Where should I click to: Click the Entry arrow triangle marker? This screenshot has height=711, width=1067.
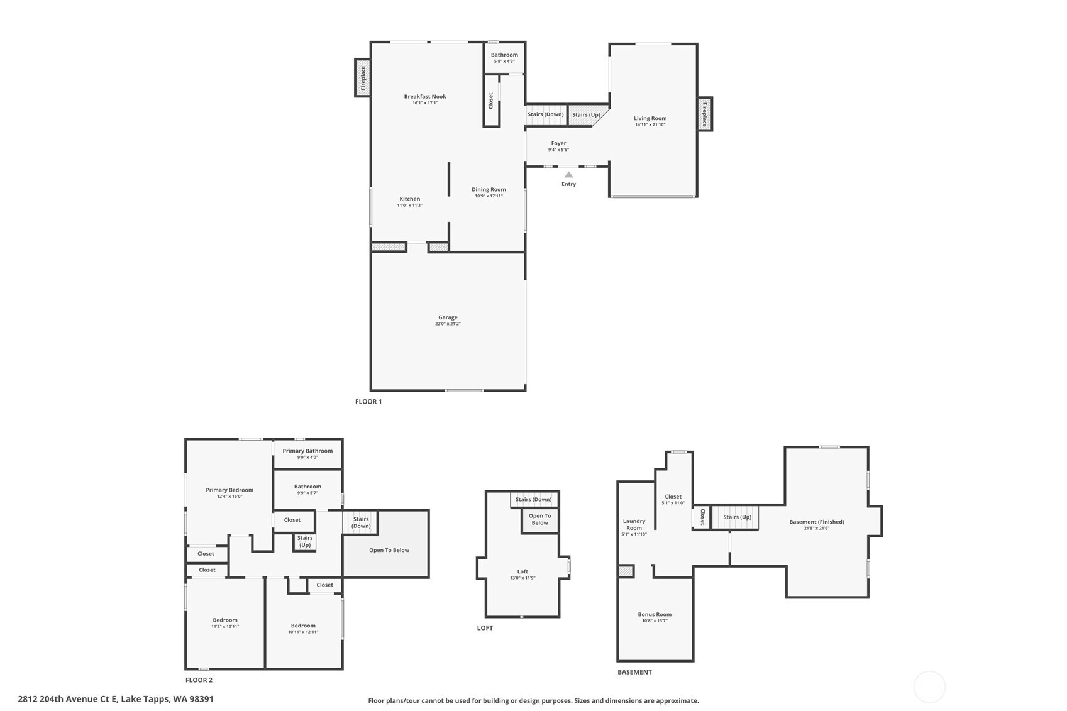pos(569,174)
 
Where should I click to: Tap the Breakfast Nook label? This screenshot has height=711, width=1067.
pos(425,97)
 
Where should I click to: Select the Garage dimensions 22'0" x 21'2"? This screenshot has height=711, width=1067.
pos(448,324)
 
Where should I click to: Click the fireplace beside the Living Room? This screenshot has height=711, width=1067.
pos(705,114)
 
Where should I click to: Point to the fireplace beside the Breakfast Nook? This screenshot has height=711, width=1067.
pos(363,77)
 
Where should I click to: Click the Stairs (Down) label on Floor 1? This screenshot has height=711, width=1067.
pos(545,114)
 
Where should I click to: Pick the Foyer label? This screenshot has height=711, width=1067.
pos(559,143)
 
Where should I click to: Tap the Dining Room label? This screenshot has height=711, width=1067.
pos(489,189)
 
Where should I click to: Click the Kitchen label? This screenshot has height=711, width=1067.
pos(410,199)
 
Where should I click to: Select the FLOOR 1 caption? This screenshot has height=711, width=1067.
pos(368,402)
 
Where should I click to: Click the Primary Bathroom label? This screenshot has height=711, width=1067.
pos(307,451)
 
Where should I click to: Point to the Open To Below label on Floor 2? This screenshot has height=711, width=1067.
pos(389,550)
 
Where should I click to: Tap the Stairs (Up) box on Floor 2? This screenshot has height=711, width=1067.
pos(305,542)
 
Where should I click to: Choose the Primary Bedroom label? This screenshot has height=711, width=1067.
pos(229,490)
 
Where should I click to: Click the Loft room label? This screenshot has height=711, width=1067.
pos(522,571)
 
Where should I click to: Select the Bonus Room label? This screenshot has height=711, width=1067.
pos(655,614)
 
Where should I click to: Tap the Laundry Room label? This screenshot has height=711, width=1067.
pos(634,524)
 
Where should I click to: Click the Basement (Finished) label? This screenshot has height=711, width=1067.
pos(817,522)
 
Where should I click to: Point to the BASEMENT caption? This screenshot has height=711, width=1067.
pos(634,672)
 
